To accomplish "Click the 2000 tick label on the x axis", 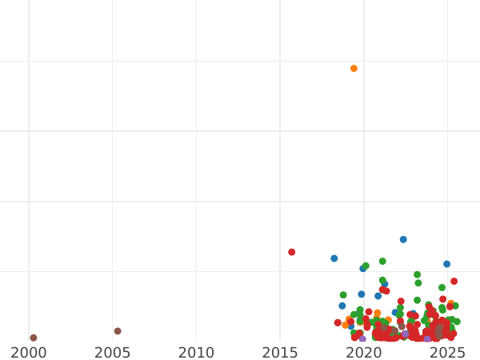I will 29,352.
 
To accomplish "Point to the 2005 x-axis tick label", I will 112,352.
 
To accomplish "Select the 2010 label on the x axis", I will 196,352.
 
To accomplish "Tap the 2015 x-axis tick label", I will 280,352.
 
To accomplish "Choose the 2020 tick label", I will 364,352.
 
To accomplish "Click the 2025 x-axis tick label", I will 447,352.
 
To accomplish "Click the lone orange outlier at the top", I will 354,69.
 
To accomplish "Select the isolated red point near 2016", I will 291,252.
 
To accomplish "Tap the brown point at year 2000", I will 33,338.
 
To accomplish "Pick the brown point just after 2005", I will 118,331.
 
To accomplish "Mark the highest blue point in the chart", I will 403,239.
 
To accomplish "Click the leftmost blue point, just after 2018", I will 334,258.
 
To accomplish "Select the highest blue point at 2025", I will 446,264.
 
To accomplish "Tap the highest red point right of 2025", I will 454,282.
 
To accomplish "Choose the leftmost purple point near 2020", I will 362,339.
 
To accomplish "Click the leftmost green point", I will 343,295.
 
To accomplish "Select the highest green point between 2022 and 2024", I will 417,274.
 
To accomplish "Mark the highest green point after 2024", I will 442,287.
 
